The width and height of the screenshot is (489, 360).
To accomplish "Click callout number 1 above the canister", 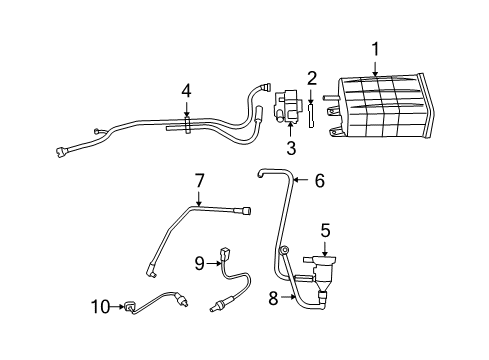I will [376, 47].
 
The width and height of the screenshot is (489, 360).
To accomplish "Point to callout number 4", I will [185, 91].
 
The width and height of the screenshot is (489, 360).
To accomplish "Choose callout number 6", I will [319, 181].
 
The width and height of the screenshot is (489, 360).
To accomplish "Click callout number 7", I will [199, 181].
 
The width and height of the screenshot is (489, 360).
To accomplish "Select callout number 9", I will [199, 263].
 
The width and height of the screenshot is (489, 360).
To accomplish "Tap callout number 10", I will [100, 306].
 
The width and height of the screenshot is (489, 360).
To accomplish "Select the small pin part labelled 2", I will [312, 114].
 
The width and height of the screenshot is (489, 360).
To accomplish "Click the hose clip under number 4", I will [185, 124].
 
